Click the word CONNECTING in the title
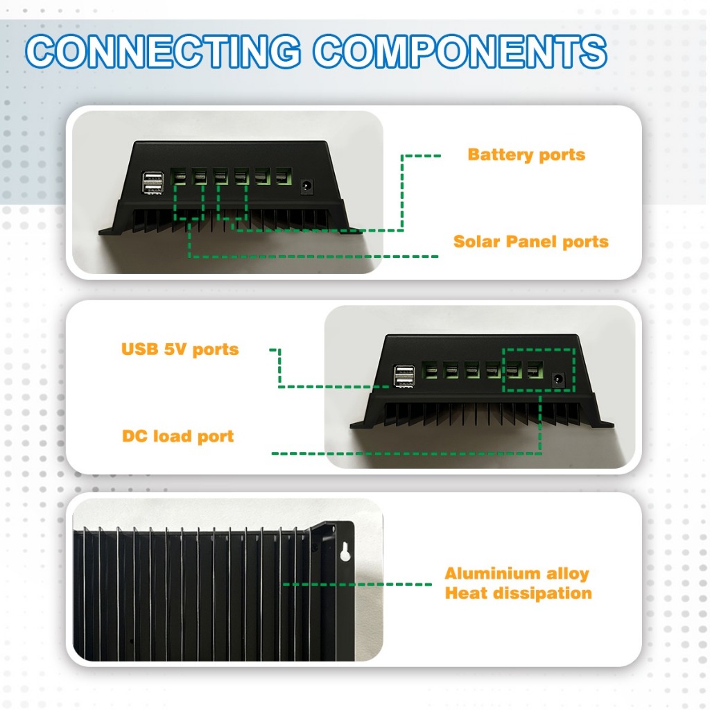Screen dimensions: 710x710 coord(163,51)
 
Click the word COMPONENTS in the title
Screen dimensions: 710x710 coord(460,51)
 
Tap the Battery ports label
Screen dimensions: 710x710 coord(526,155)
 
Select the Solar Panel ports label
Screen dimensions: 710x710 coord(530,242)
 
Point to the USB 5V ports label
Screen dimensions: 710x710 coord(180,349)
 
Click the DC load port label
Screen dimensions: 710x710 coord(178,437)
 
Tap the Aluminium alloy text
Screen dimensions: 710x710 coord(517,573)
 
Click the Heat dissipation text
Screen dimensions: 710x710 coord(519,594)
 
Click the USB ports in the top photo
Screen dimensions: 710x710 coord(153,182)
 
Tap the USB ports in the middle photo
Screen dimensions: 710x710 coord(404,376)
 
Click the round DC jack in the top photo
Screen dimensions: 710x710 coord(308,186)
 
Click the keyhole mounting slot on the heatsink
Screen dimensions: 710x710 coord(345,551)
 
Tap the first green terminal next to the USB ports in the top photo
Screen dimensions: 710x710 coord(178,176)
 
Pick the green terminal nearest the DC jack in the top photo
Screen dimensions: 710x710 coord(284,175)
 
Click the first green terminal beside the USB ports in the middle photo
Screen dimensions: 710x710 coord(430,370)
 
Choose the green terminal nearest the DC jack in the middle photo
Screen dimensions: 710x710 coord(535,370)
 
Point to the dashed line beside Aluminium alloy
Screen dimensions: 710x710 coord(357,584)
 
